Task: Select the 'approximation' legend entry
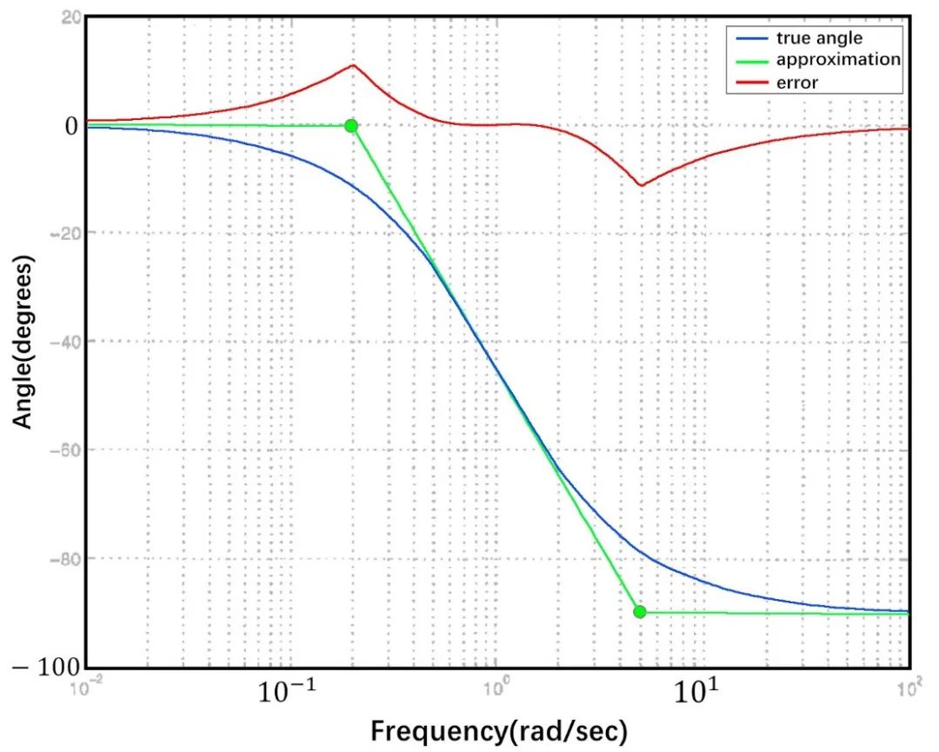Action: [x=825, y=60]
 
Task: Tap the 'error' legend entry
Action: [x=797, y=83]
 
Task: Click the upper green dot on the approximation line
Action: [x=351, y=126]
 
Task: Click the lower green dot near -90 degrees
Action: [x=640, y=612]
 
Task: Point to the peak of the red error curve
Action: [x=353, y=65]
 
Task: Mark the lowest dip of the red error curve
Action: [x=642, y=185]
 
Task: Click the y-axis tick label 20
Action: [x=71, y=17]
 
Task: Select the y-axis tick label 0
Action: [x=69, y=125]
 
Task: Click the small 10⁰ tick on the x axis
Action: [x=496, y=684]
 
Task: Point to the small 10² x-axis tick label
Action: [x=909, y=684]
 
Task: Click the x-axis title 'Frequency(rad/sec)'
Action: [x=498, y=731]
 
